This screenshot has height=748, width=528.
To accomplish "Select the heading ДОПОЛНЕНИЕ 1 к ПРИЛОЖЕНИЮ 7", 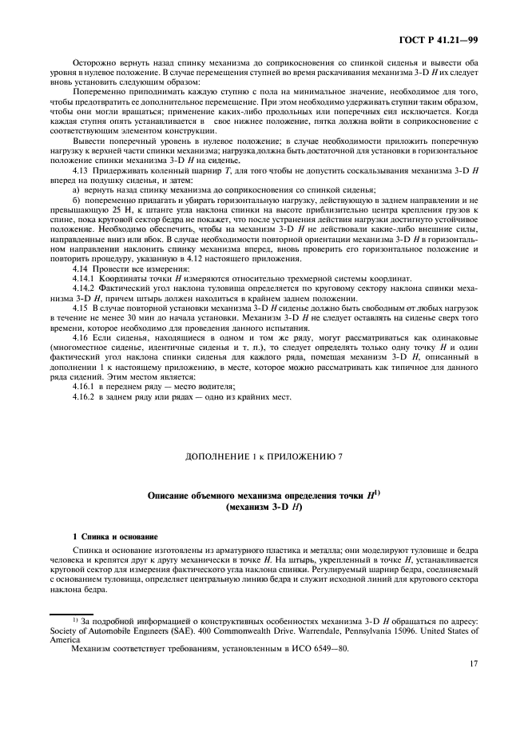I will [x=264, y=456].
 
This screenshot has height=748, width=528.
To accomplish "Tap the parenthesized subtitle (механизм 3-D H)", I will [x=264, y=507].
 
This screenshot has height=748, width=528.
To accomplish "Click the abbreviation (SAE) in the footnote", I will [x=176, y=631].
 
